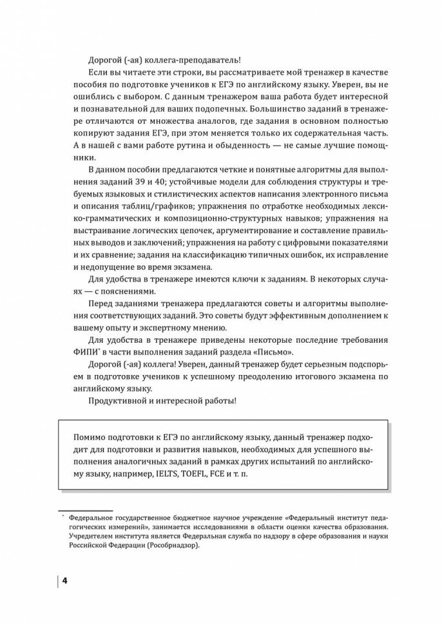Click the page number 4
[x=64, y=581]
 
